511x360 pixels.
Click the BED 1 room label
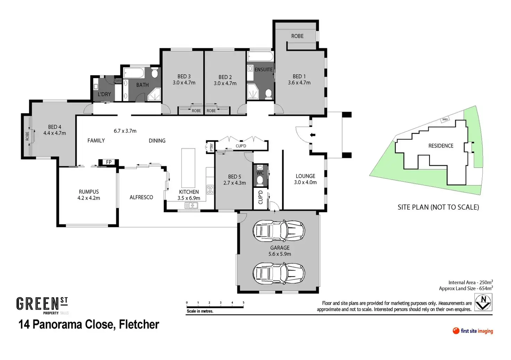pyautogui.click(x=299, y=76)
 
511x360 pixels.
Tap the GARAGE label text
pyautogui.click(x=280, y=248)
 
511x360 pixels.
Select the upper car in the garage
pyautogui.click(x=279, y=231)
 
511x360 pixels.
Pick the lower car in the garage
pyautogui.click(x=279, y=273)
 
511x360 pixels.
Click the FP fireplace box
pyautogui.click(x=109, y=162)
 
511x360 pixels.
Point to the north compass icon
pyautogui.click(x=483, y=302)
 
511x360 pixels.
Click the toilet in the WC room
pyautogui.click(x=260, y=180)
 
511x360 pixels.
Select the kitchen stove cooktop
pyautogui.click(x=210, y=190)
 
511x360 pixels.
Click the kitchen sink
pyautogui.click(x=191, y=206)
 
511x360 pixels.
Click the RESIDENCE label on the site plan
pyautogui.click(x=441, y=146)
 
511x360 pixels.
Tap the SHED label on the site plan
pyautogui.click(x=445, y=119)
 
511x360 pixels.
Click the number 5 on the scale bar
pyautogui.click(x=243, y=303)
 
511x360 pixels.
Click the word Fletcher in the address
pyautogui.click(x=139, y=324)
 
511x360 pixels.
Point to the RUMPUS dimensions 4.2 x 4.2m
pyautogui.click(x=89, y=198)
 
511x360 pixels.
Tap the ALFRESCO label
pyautogui.click(x=141, y=197)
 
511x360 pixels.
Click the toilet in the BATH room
pyautogui.click(x=155, y=74)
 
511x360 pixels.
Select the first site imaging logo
pyautogui.click(x=473, y=331)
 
